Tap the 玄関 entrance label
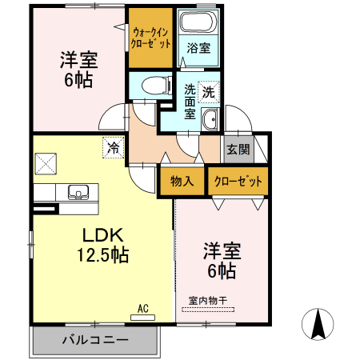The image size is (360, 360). [x=237, y=149]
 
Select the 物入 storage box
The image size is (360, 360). [x=182, y=181]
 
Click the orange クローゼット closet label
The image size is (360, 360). [x=238, y=181]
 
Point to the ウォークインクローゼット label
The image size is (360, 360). [x=150, y=38]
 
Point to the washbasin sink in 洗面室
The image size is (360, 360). [x=210, y=120]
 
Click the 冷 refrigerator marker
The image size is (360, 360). [x=114, y=148]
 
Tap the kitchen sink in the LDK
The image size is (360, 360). [x=78, y=193]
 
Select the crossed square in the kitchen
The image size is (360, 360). [x=46, y=162]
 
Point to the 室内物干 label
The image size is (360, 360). [x=208, y=300]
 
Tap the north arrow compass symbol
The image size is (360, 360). [x=318, y=325]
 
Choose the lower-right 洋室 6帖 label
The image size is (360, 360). [x=221, y=261]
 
